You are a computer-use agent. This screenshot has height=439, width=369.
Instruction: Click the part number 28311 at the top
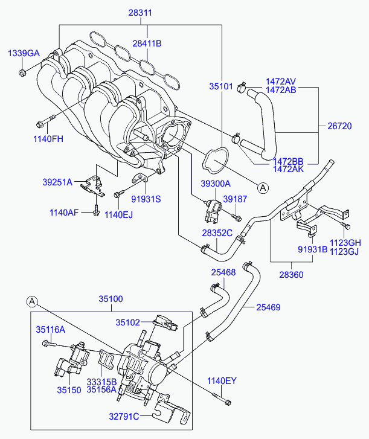(x=140, y=13)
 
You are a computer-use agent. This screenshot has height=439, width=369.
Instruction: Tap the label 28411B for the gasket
(x=147, y=43)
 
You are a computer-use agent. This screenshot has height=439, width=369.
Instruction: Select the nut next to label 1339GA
(x=22, y=73)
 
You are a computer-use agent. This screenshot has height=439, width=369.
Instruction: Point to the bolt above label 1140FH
(x=46, y=121)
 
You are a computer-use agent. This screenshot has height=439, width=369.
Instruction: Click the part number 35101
(x=221, y=86)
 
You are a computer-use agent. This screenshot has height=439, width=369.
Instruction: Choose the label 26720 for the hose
(x=339, y=126)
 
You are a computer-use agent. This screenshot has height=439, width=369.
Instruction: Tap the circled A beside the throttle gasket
(x=263, y=188)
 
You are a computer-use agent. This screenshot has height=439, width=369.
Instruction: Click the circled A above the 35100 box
(x=32, y=301)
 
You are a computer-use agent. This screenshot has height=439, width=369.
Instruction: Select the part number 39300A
(x=216, y=184)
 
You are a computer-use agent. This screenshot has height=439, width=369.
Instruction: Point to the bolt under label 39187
(x=236, y=217)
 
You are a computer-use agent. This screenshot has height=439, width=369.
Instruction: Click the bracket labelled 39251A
(x=93, y=186)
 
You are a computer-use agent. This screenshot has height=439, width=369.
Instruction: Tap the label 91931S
(x=146, y=199)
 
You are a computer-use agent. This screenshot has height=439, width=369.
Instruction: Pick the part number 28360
(x=291, y=275)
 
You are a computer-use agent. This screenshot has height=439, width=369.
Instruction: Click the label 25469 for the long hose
(x=268, y=307)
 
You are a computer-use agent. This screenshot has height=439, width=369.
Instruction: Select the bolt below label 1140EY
(x=222, y=399)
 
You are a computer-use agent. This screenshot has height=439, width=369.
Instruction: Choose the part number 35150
(x=69, y=390)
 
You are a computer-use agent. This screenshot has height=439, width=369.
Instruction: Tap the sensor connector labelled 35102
(x=165, y=323)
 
